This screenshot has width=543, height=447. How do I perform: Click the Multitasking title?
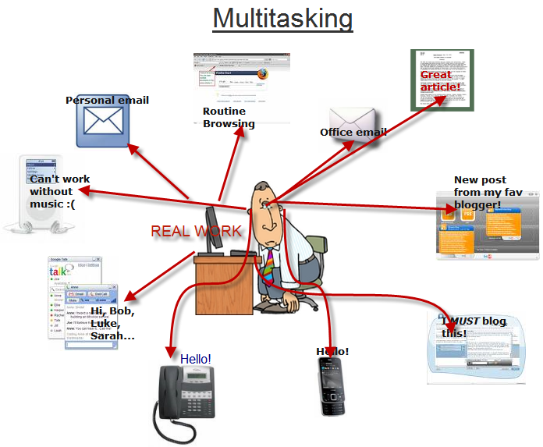pyautogui.click(x=282, y=18)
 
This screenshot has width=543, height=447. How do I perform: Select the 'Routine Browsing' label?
pyautogui.click(x=229, y=118)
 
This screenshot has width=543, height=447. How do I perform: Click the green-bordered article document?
pyautogui.click(x=442, y=80)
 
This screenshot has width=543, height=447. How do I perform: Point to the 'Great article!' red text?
pyautogui.click(x=440, y=81)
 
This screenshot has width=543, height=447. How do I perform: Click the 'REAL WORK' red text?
pyautogui.click(x=196, y=232)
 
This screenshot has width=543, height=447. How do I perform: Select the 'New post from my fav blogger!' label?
pyautogui.click(x=477, y=193)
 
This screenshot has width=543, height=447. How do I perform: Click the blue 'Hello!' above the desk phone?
pyautogui.click(x=196, y=359)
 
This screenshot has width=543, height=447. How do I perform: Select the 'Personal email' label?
pyautogui.click(x=107, y=100)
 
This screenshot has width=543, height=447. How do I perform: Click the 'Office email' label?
pyautogui.click(x=353, y=133)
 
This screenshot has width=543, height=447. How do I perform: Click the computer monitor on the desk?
pyautogui.click(x=213, y=230)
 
